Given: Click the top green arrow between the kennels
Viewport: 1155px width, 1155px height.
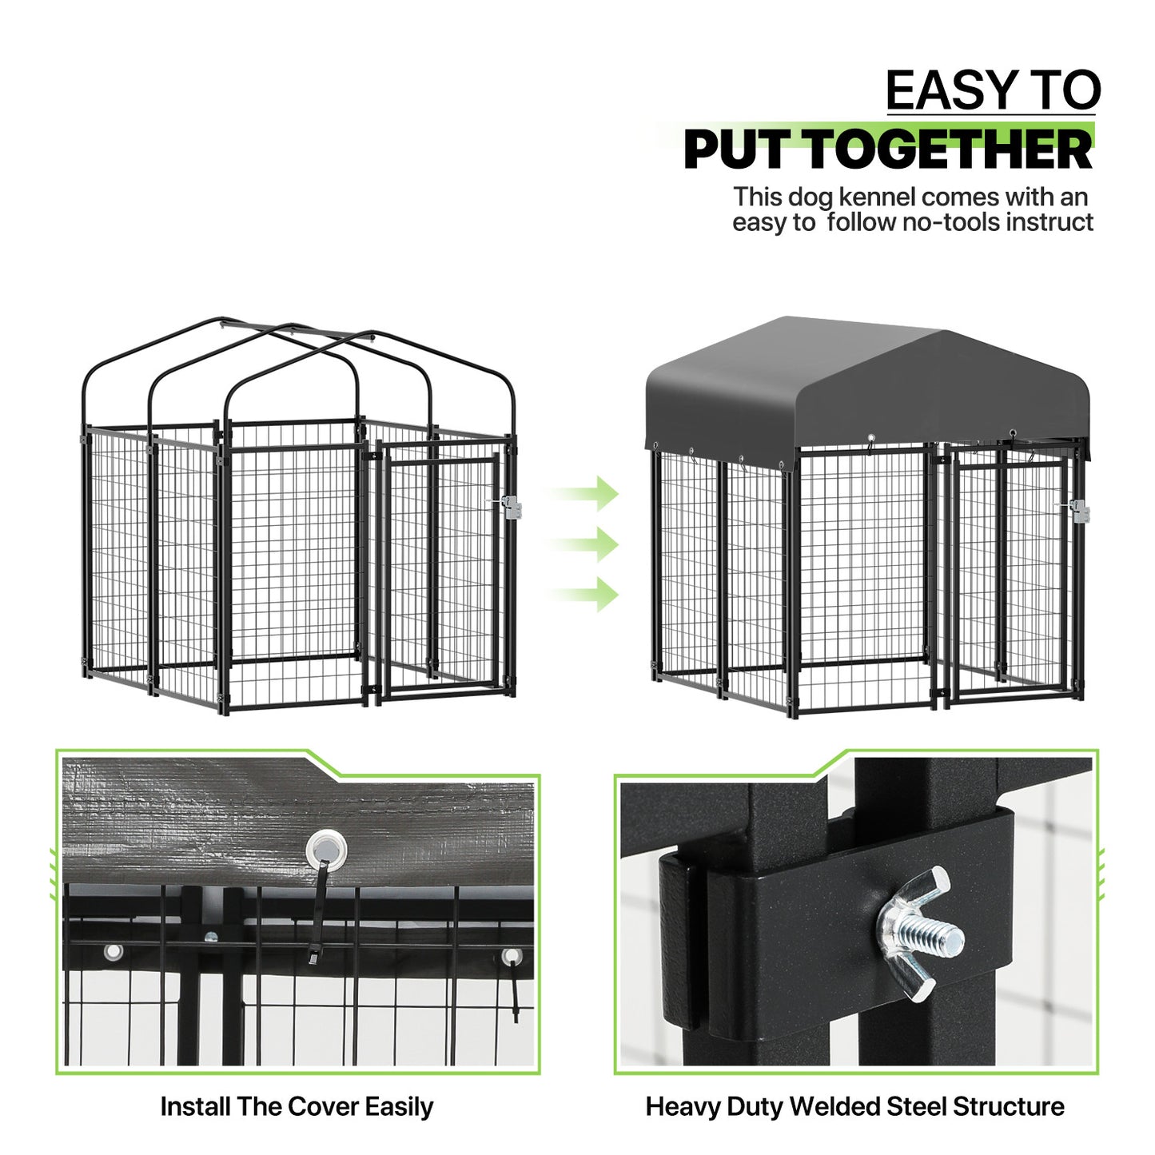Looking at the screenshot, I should point(587,493).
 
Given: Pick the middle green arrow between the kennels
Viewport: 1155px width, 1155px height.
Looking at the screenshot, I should point(587,544).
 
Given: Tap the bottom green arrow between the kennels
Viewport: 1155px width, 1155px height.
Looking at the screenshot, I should point(587,595).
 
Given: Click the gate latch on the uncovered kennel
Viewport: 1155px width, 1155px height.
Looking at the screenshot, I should point(509,507).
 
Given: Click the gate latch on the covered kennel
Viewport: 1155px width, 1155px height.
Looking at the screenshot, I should point(1078,510).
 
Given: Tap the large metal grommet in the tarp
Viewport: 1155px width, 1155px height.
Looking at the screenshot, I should point(324,848).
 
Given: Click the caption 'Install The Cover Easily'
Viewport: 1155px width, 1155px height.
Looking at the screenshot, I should point(297,1107).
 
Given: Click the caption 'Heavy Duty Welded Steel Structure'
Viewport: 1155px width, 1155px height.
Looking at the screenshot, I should point(854,1107).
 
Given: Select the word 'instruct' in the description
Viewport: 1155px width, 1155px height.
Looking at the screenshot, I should point(1049,222).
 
